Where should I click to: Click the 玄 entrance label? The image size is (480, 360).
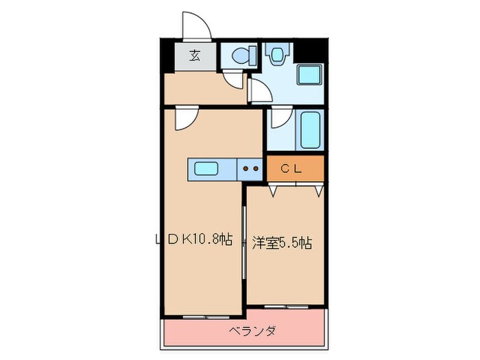194,56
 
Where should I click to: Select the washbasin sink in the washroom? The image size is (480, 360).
277,54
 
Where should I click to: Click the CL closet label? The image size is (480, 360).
296,167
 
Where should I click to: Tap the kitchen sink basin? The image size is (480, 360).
206,168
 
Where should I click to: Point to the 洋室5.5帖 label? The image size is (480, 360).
282,243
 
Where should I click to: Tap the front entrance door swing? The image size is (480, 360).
197,26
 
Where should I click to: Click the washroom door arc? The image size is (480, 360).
259,91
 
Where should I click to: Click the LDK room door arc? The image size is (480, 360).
184,119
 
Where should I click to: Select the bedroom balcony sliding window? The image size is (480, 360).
285,304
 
